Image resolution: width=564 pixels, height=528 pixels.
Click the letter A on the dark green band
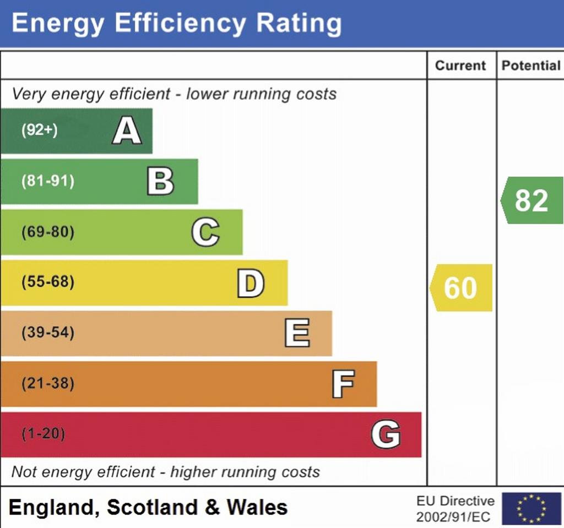point(127,132)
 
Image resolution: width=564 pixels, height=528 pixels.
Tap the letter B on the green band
point(160,182)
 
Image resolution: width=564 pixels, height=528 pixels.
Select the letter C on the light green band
point(205,232)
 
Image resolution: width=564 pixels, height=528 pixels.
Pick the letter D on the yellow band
point(251,283)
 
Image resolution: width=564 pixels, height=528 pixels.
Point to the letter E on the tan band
point(297,334)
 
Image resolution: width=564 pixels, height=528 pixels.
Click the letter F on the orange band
point(343,384)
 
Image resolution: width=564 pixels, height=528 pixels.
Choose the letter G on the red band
point(386,435)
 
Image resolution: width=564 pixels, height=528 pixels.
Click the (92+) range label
point(39,131)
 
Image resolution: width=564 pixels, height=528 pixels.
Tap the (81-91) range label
point(47,182)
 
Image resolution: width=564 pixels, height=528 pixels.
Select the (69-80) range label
point(47,232)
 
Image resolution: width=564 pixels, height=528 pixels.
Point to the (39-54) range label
point(47,333)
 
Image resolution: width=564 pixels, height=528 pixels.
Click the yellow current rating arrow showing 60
point(461,288)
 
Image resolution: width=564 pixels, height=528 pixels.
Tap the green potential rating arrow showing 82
point(532,200)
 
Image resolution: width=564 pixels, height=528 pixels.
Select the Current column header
point(460,66)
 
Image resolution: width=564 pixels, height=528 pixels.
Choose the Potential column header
point(530,66)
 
